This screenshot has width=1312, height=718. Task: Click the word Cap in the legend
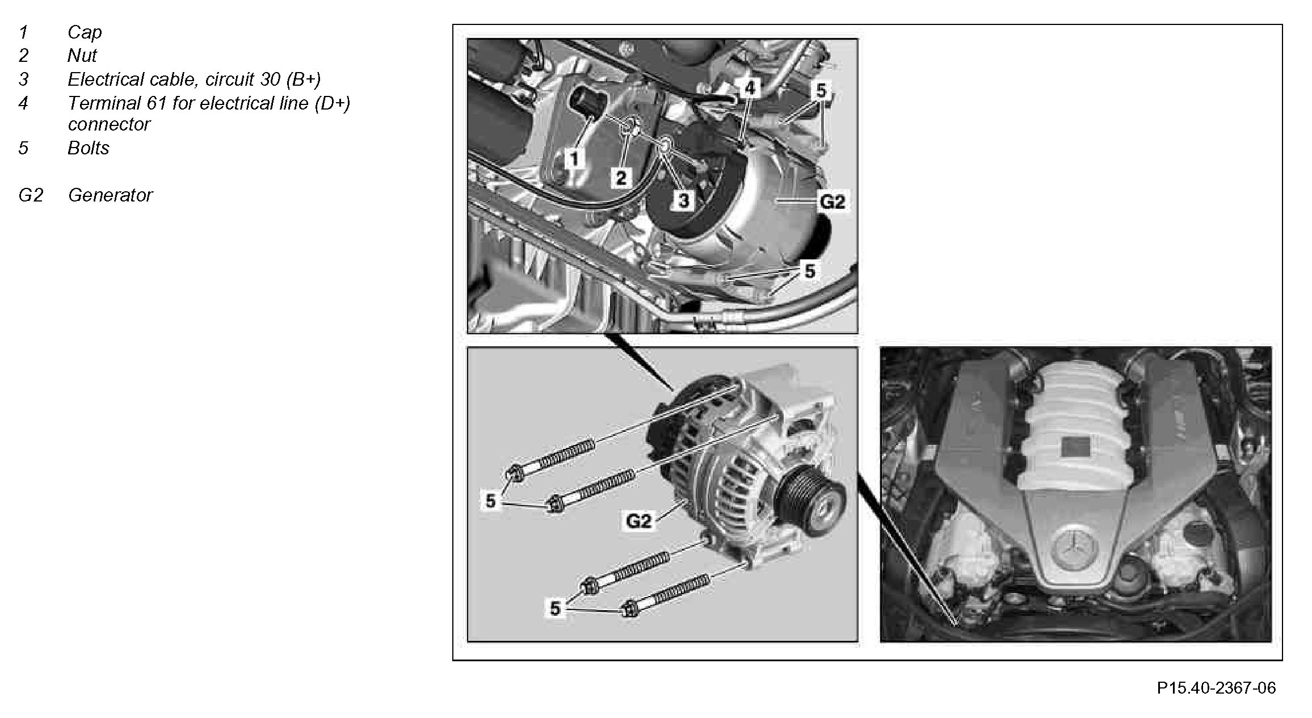click(x=85, y=32)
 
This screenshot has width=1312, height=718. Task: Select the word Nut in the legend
click(x=82, y=56)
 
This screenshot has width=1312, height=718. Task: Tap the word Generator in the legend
click(x=110, y=195)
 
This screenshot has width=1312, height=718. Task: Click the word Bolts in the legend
click(x=89, y=148)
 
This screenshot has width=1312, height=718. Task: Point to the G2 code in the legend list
click(x=31, y=195)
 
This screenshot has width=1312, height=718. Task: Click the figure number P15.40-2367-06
click(x=1216, y=688)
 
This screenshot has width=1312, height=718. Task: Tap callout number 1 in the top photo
click(x=575, y=158)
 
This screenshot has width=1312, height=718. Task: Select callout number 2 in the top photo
click(x=621, y=178)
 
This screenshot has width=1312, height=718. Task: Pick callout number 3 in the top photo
click(x=684, y=200)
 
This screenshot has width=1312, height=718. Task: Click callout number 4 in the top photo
click(x=750, y=88)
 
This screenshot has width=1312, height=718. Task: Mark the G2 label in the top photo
click(x=832, y=201)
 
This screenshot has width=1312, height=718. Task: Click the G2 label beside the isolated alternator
click(x=638, y=520)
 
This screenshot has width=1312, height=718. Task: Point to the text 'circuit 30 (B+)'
click(x=263, y=79)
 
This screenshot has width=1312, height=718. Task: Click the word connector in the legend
click(x=109, y=124)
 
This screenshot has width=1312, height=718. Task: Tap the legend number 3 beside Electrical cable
click(x=23, y=79)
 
